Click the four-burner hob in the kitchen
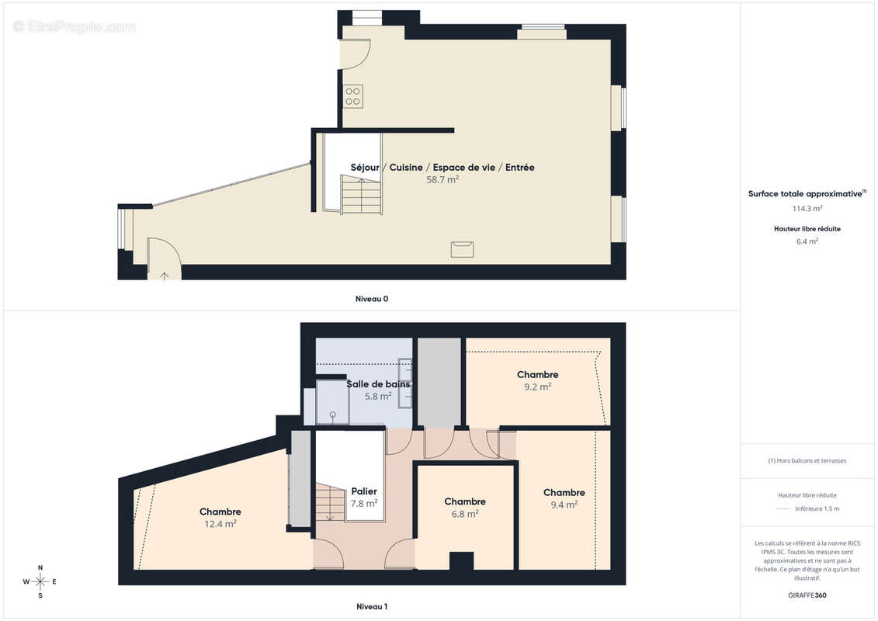click(352, 95)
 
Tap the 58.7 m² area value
click(442, 179)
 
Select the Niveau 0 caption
click(371, 298)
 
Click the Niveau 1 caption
click(371, 606)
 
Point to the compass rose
click(40, 581)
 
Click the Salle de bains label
click(378, 384)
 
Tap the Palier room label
click(364, 491)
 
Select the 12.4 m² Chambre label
click(220, 512)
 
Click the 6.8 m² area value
click(465, 513)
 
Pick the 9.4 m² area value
click(564, 505)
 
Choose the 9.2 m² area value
click(538, 387)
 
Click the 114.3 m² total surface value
click(807, 208)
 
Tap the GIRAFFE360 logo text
click(807, 595)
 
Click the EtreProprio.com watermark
click(74, 26)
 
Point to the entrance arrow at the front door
click(164, 274)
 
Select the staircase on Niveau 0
click(361, 195)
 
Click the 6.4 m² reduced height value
click(807, 241)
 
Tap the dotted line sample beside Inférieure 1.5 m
click(783, 509)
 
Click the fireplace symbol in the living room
click(463, 248)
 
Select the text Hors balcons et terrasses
click(807, 460)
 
